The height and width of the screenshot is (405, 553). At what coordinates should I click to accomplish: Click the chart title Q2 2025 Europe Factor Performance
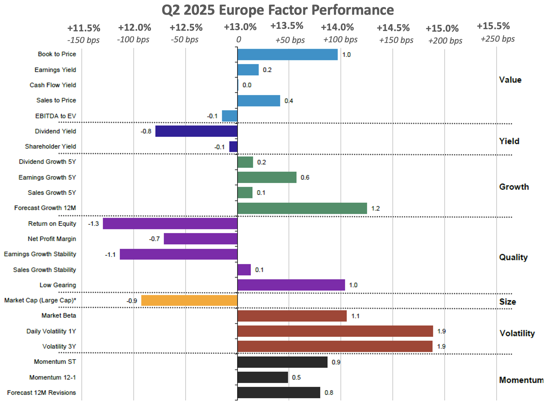point(277,10)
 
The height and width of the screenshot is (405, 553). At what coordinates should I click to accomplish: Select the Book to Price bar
point(287,55)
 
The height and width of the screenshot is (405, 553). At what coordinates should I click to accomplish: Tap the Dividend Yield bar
point(196,131)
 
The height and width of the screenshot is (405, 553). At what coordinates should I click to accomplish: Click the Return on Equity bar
point(170,224)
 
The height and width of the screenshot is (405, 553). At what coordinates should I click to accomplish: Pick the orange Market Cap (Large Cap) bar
point(189,300)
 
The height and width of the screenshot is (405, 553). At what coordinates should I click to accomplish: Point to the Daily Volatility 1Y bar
point(335,331)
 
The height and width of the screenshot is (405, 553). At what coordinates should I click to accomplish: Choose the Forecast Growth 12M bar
point(302,208)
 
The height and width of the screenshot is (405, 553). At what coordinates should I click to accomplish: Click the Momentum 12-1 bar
point(263,377)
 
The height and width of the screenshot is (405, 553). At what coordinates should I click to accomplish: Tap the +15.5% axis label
point(493,26)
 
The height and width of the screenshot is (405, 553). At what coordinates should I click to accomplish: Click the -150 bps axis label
point(83,40)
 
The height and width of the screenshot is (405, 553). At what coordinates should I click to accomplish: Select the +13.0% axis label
point(240,27)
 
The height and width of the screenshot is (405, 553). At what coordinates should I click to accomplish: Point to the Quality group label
point(513,257)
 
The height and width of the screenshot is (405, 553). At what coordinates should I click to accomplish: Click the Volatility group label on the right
point(517,333)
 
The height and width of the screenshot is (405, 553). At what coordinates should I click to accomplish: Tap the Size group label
point(507,302)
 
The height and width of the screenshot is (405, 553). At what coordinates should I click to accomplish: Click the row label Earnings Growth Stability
point(40,254)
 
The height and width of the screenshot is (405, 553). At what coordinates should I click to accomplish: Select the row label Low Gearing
point(58,285)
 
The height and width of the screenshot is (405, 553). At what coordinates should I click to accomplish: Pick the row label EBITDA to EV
point(56,116)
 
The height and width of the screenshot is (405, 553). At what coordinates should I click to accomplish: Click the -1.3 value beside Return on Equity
point(94,224)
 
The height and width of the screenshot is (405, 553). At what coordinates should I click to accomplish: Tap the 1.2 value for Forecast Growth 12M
point(375,208)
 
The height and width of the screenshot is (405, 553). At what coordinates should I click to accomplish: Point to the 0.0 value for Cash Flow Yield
point(247,85)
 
